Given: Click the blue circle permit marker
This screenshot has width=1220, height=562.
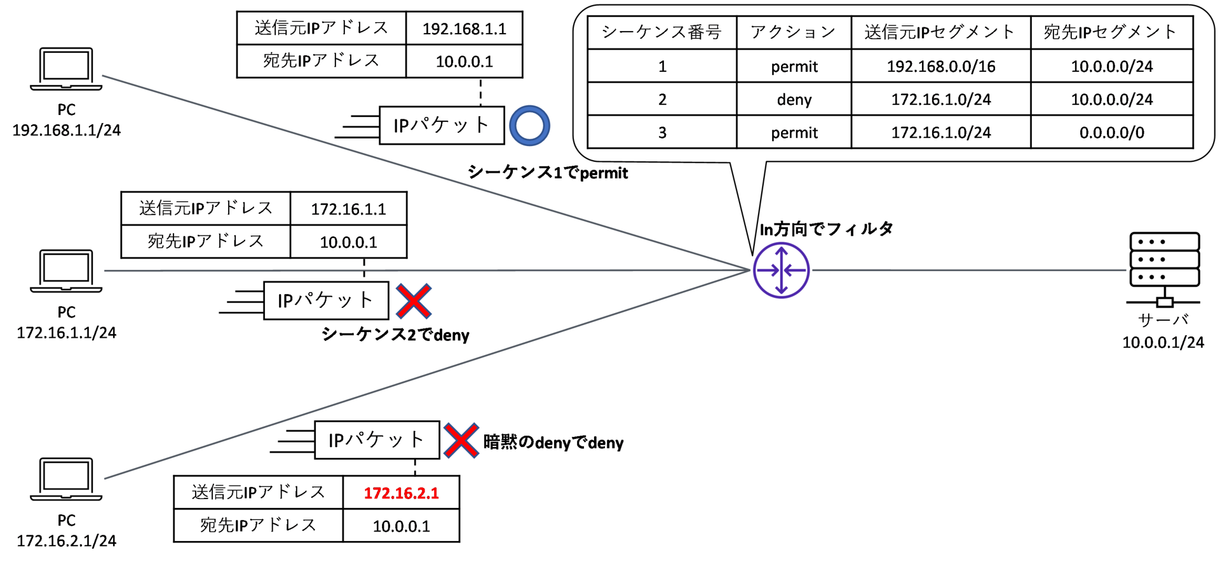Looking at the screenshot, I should tap(529, 126).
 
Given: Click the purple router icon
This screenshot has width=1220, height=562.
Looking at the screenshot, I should tap(781, 271).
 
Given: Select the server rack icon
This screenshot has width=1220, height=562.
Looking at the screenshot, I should tap(1164, 267).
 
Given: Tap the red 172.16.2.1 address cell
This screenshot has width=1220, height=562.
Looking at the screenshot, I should tap(401, 493).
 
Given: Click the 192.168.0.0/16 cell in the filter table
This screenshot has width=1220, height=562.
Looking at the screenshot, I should tap(940, 67).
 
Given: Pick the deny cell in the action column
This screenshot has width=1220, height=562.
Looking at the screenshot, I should tap(794, 100).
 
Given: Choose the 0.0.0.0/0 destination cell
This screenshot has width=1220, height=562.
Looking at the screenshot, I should tap(1111, 133).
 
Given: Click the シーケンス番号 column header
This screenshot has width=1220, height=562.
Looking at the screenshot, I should tap(661, 32).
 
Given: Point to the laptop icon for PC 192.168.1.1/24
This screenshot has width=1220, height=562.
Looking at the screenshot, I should tap(66, 69).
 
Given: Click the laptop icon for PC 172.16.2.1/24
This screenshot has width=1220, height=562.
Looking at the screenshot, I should tap(66, 479).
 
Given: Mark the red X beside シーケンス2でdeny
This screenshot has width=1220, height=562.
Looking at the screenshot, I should tap(414, 301).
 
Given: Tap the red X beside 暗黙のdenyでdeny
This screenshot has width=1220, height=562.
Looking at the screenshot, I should tap(461, 441).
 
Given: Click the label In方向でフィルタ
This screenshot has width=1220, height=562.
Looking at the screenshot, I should tap(826, 229).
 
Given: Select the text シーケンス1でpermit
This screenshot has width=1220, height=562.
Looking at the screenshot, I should tap(548, 173).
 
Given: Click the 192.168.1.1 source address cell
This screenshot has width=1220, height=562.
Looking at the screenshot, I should tap(464, 29).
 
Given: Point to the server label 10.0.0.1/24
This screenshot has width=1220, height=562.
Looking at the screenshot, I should tap(1163, 343).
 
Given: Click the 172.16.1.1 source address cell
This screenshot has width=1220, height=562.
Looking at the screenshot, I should tap(348, 209).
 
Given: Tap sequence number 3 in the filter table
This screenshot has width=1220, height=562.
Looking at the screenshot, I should tap(661, 133).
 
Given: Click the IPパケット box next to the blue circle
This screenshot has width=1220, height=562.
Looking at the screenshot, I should tap(442, 125).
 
